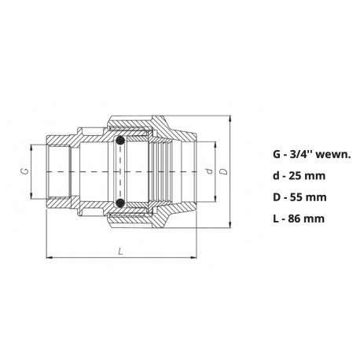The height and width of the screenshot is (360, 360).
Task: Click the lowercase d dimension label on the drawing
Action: pyautogui.click(x=207, y=170)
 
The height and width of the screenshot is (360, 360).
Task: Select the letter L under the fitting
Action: pyautogui.click(x=119, y=251)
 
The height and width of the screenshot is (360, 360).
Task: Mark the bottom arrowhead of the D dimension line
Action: pyautogui.click(x=230, y=224)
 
